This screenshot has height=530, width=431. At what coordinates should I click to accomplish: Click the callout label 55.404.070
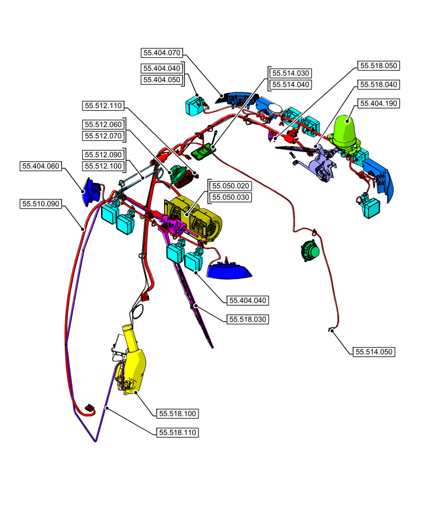point(162,52)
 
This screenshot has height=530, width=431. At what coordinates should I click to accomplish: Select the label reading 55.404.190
point(378,103)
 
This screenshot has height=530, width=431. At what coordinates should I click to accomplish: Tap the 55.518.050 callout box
point(378,66)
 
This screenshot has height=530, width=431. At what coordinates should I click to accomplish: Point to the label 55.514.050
point(375,352)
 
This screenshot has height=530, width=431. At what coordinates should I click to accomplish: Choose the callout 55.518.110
point(178,432)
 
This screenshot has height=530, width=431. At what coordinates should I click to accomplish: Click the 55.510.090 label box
point(41,204)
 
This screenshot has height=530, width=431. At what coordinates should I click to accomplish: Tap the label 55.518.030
point(248,319)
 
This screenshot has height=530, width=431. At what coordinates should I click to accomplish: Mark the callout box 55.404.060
point(41,166)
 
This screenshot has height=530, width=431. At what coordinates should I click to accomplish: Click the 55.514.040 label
point(290,84)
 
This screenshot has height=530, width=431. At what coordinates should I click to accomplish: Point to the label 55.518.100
point(178,413)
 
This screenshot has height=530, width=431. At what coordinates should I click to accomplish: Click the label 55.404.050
point(162,79)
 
